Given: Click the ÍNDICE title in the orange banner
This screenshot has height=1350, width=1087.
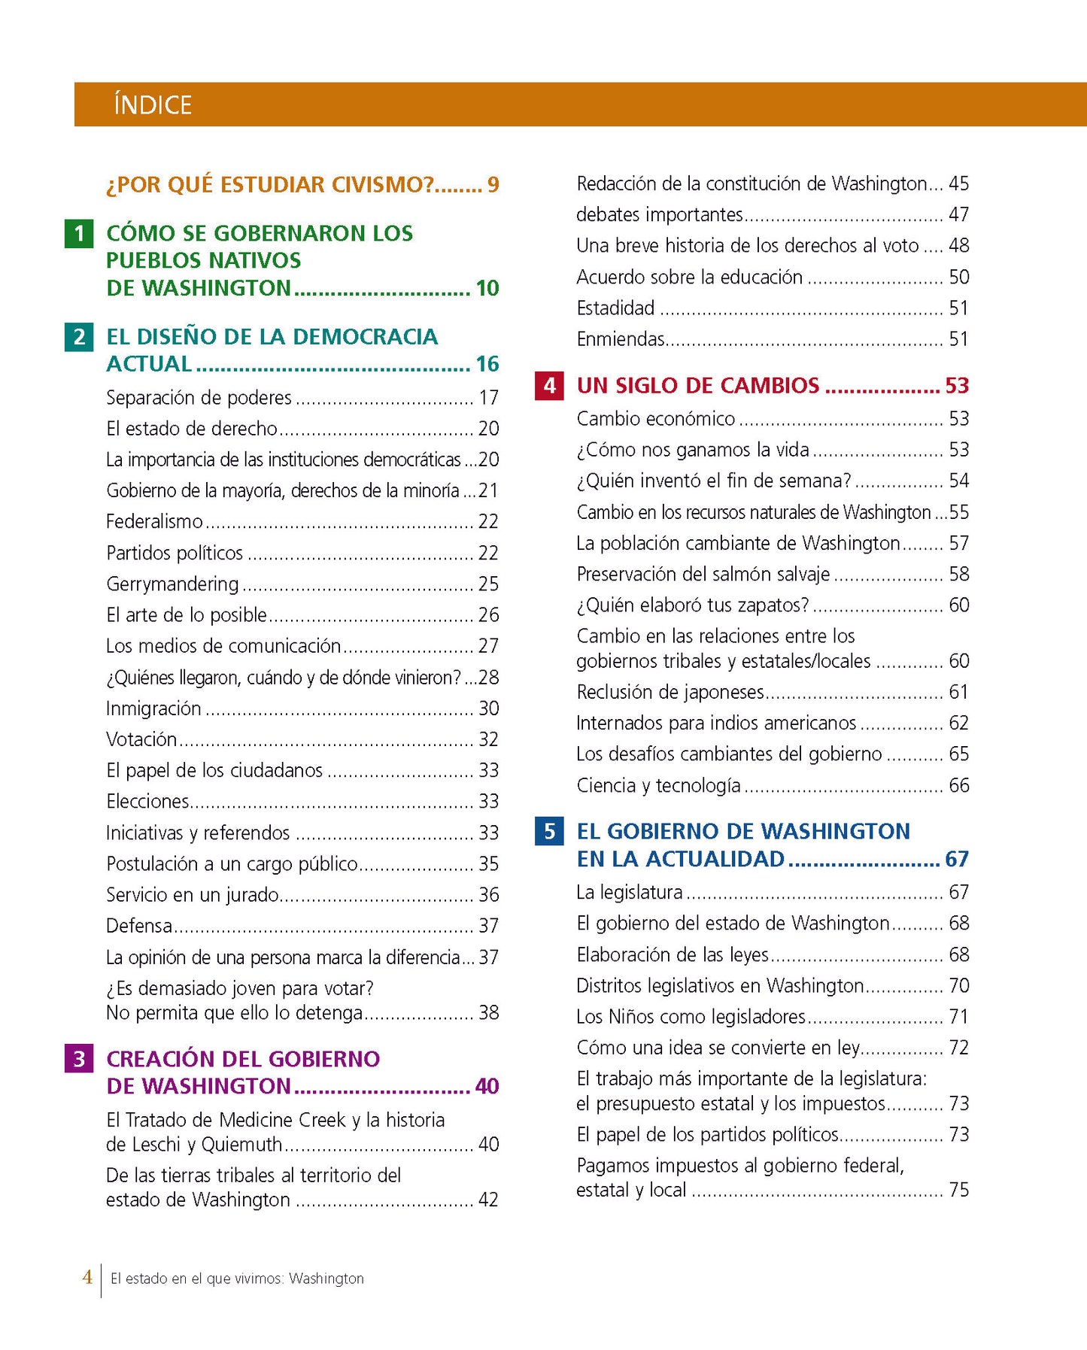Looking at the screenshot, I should [153, 105].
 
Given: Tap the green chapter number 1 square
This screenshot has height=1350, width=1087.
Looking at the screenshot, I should [79, 234].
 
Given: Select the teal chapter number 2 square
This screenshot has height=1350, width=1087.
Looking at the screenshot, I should [79, 337].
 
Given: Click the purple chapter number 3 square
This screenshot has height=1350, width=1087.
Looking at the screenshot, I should [79, 1059].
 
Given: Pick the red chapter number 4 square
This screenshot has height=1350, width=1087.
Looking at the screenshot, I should [549, 386].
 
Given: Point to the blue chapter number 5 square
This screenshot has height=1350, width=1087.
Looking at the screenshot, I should [549, 831].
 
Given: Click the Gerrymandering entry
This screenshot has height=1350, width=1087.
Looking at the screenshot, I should [172, 584].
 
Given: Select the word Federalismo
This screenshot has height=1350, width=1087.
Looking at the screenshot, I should [154, 521].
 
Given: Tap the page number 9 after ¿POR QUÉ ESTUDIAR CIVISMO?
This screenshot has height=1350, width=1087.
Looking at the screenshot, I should [493, 185].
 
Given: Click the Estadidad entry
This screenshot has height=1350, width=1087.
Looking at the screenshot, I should [615, 308].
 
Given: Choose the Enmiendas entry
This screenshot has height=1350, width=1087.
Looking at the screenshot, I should [621, 339].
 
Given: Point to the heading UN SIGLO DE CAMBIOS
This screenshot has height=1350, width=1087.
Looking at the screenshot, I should [697, 386].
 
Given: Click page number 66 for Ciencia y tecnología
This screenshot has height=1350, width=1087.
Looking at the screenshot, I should [958, 785].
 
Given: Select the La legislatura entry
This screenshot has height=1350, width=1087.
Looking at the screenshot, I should [630, 892].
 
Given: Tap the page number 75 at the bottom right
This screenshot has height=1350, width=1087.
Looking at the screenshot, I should [958, 1190].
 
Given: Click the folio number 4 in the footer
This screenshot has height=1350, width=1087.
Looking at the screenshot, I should [87, 1276].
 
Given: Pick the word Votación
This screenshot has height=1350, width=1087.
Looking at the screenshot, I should [141, 739].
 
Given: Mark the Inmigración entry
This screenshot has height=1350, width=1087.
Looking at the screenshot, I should [153, 708].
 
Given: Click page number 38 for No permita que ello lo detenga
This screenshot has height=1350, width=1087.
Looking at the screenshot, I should [488, 1012].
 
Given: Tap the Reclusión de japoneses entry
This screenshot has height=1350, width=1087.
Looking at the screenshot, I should [670, 692].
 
